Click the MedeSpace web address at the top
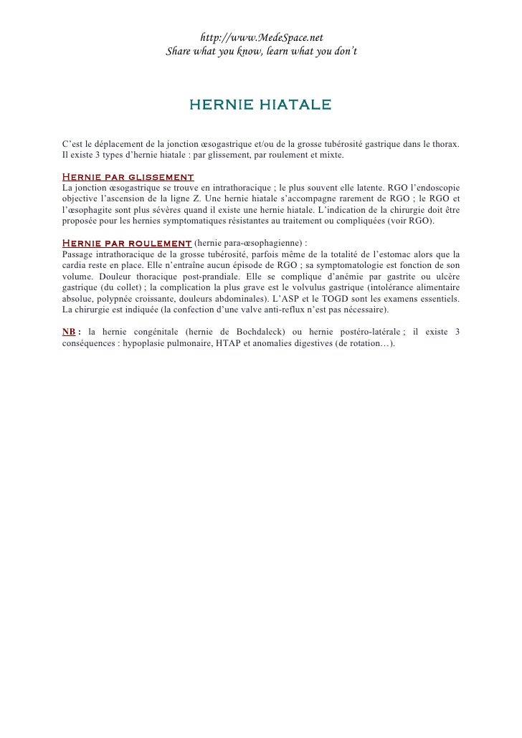point(262,38)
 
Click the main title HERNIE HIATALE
point(260,105)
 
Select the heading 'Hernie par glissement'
point(128,176)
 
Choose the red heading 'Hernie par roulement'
point(127,244)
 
